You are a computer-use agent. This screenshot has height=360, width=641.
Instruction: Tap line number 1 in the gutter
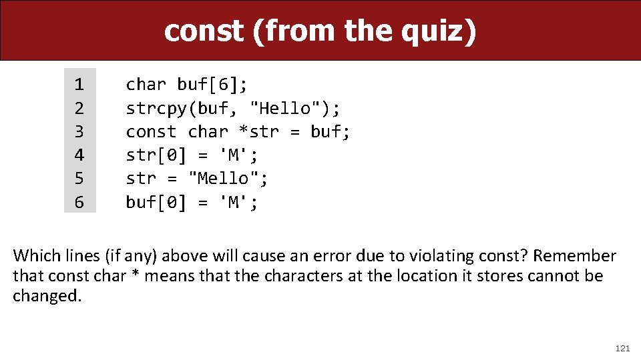(x=79, y=85)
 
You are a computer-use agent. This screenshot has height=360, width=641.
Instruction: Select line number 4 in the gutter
(x=79, y=155)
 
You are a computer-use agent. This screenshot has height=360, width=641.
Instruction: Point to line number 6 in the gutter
(x=79, y=202)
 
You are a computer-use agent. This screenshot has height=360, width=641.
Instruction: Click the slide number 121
(x=622, y=348)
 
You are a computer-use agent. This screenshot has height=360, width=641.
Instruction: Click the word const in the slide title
(x=204, y=31)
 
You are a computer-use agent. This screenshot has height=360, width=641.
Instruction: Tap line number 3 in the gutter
(x=79, y=132)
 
